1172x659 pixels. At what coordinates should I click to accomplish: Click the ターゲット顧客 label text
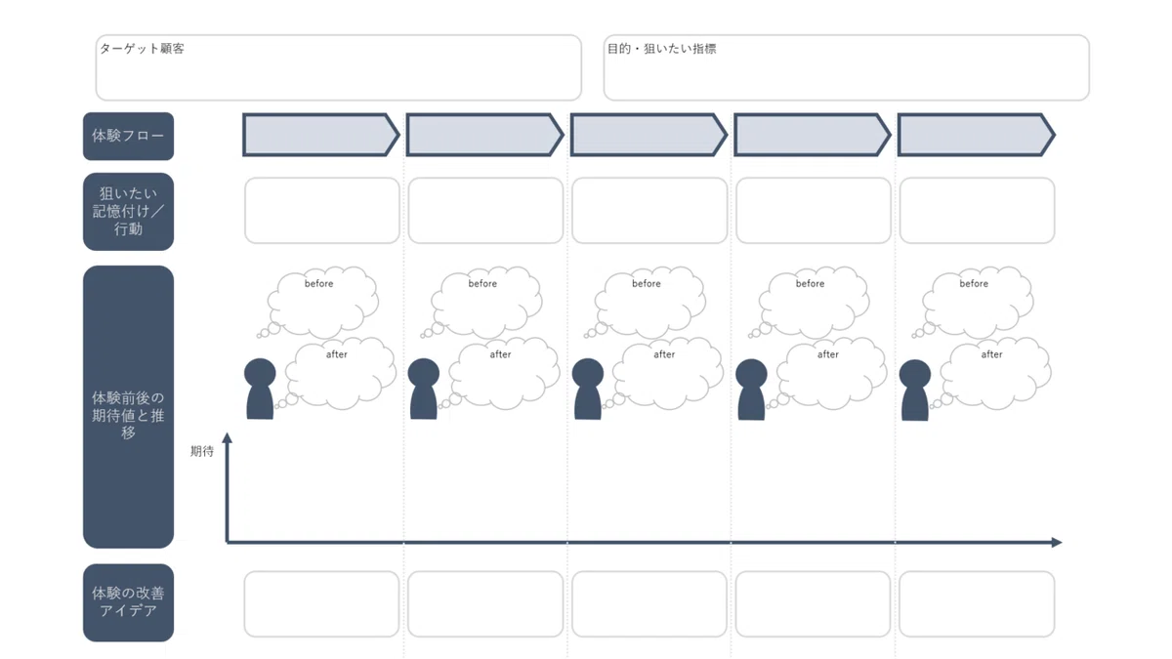pyautogui.click(x=142, y=49)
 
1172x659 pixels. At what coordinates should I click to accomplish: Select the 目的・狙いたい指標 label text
pyautogui.click(x=662, y=49)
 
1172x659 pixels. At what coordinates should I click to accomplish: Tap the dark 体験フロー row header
pyautogui.click(x=128, y=136)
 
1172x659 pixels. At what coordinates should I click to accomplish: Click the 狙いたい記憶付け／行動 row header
pyautogui.click(x=128, y=211)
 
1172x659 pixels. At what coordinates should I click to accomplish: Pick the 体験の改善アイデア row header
pyautogui.click(x=128, y=602)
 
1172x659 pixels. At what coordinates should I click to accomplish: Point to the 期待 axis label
pyautogui.click(x=201, y=451)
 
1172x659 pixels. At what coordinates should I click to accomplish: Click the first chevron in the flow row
pyautogui.click(x=321, y=135)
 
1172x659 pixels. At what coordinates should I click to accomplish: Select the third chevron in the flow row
pyautogui.click(x=649, y=135)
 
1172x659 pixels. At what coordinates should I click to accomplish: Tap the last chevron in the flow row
pyautogui.click(x=977, y=135)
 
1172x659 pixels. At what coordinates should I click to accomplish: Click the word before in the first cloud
pyautogui.click(x=318, y=283)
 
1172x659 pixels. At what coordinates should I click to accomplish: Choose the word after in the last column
pyautogui.click(x=991, y=354)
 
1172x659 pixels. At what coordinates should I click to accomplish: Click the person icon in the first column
pyautogui.click(x=260, y=389)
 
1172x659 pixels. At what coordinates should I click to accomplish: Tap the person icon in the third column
pyautogui.click(x=588, y=389)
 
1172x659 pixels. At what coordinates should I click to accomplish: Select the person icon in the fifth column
pyautogui.click(x=915, y=390)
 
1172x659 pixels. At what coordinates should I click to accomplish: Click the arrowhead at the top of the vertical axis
pyautogui.click(x=227, y=437)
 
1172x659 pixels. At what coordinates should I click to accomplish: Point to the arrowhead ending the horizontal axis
pyautogui.click(x=1057, y=543)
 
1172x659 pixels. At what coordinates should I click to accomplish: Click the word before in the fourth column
pyautogui.click(x=810, y=283)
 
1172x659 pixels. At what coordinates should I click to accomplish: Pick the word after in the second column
pyautogui.click(x=500, y=354)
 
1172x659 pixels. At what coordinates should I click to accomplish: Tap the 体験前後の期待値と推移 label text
pyautogui.click(x=128, y=415)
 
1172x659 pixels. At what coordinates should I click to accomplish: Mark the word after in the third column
pyautogui.click(x=664, y=354)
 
